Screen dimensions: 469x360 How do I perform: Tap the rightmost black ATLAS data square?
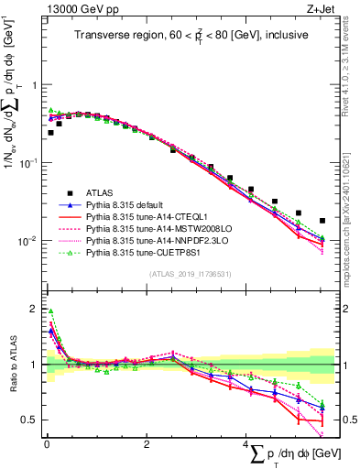point(322,221)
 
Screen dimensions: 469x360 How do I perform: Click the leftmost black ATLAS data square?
point(50,133)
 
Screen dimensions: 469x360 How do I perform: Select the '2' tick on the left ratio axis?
point(34,309)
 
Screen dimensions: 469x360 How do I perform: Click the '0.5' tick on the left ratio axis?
point(30,420)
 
